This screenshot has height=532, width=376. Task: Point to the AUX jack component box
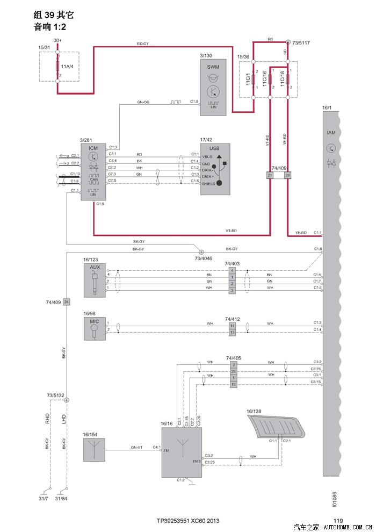click(x=95, y=280)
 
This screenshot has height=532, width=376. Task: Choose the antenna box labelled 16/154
click(x=95, y=450)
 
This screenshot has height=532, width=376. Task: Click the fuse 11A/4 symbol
click(x=58, y=67)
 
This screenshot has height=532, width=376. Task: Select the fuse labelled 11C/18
click(x=288, y=79)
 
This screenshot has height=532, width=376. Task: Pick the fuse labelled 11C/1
click(x=253, y=79)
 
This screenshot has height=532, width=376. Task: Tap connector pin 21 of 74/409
click(x=270, y=175)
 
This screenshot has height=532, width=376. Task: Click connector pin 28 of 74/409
click(x=288, y=175)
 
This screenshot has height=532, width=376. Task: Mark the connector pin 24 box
click(x=67, y=302)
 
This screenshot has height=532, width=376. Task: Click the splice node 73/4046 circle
click(x=201, y=251)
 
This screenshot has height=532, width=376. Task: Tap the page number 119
click(x=338, y=521)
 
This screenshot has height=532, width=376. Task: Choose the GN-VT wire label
click(x=136, y=447)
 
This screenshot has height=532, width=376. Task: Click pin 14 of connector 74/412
click(x=233, y=326)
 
